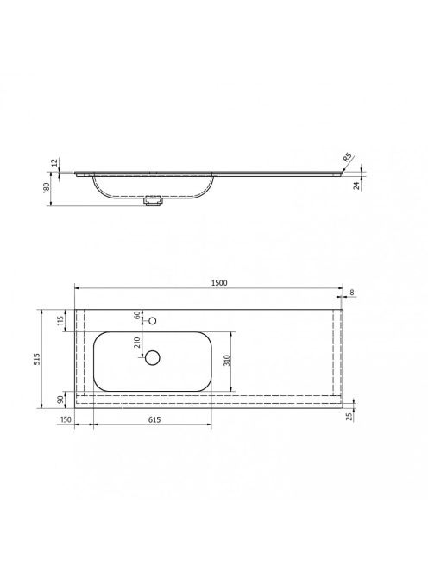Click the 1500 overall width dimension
coord(219,283)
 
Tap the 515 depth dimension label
coord(37,359)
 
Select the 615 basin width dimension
coord(154,420)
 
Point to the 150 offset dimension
coord(66,420)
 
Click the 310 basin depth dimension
coord(227,361)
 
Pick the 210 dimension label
coord(137,342)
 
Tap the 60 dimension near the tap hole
coord(137,315)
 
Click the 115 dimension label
coord(60,320)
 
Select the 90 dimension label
coord(60,399)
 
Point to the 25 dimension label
coord(349,416)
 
